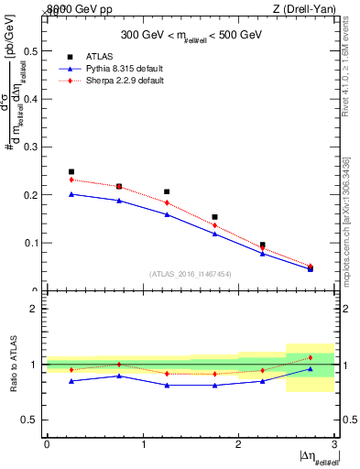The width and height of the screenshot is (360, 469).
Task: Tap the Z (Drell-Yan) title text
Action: tap(309, 8)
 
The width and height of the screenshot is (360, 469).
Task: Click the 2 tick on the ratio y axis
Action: tap(35, 309)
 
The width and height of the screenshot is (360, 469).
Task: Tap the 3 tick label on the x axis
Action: tap(334, 445)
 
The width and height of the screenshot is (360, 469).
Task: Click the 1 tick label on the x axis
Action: tap(143, 445)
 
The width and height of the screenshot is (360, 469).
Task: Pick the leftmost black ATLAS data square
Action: tap(71, 171)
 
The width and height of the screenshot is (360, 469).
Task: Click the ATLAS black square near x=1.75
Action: tap(214, 217)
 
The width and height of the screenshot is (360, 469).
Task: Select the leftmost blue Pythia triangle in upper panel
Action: tap(71, 193)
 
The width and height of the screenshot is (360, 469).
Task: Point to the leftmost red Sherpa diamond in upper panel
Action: tap(71, 180)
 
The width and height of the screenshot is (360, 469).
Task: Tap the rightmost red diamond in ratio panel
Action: tap(311, 357)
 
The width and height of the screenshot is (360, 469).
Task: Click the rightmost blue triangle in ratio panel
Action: tap(311, 369)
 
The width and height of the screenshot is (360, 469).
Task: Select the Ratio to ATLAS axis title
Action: tap(13, 364)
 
